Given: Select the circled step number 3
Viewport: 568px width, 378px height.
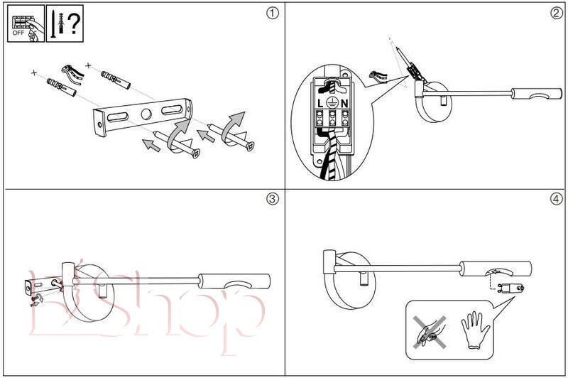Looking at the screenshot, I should pos(271,199).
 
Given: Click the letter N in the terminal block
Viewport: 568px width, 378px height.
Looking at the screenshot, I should pos(344,103).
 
